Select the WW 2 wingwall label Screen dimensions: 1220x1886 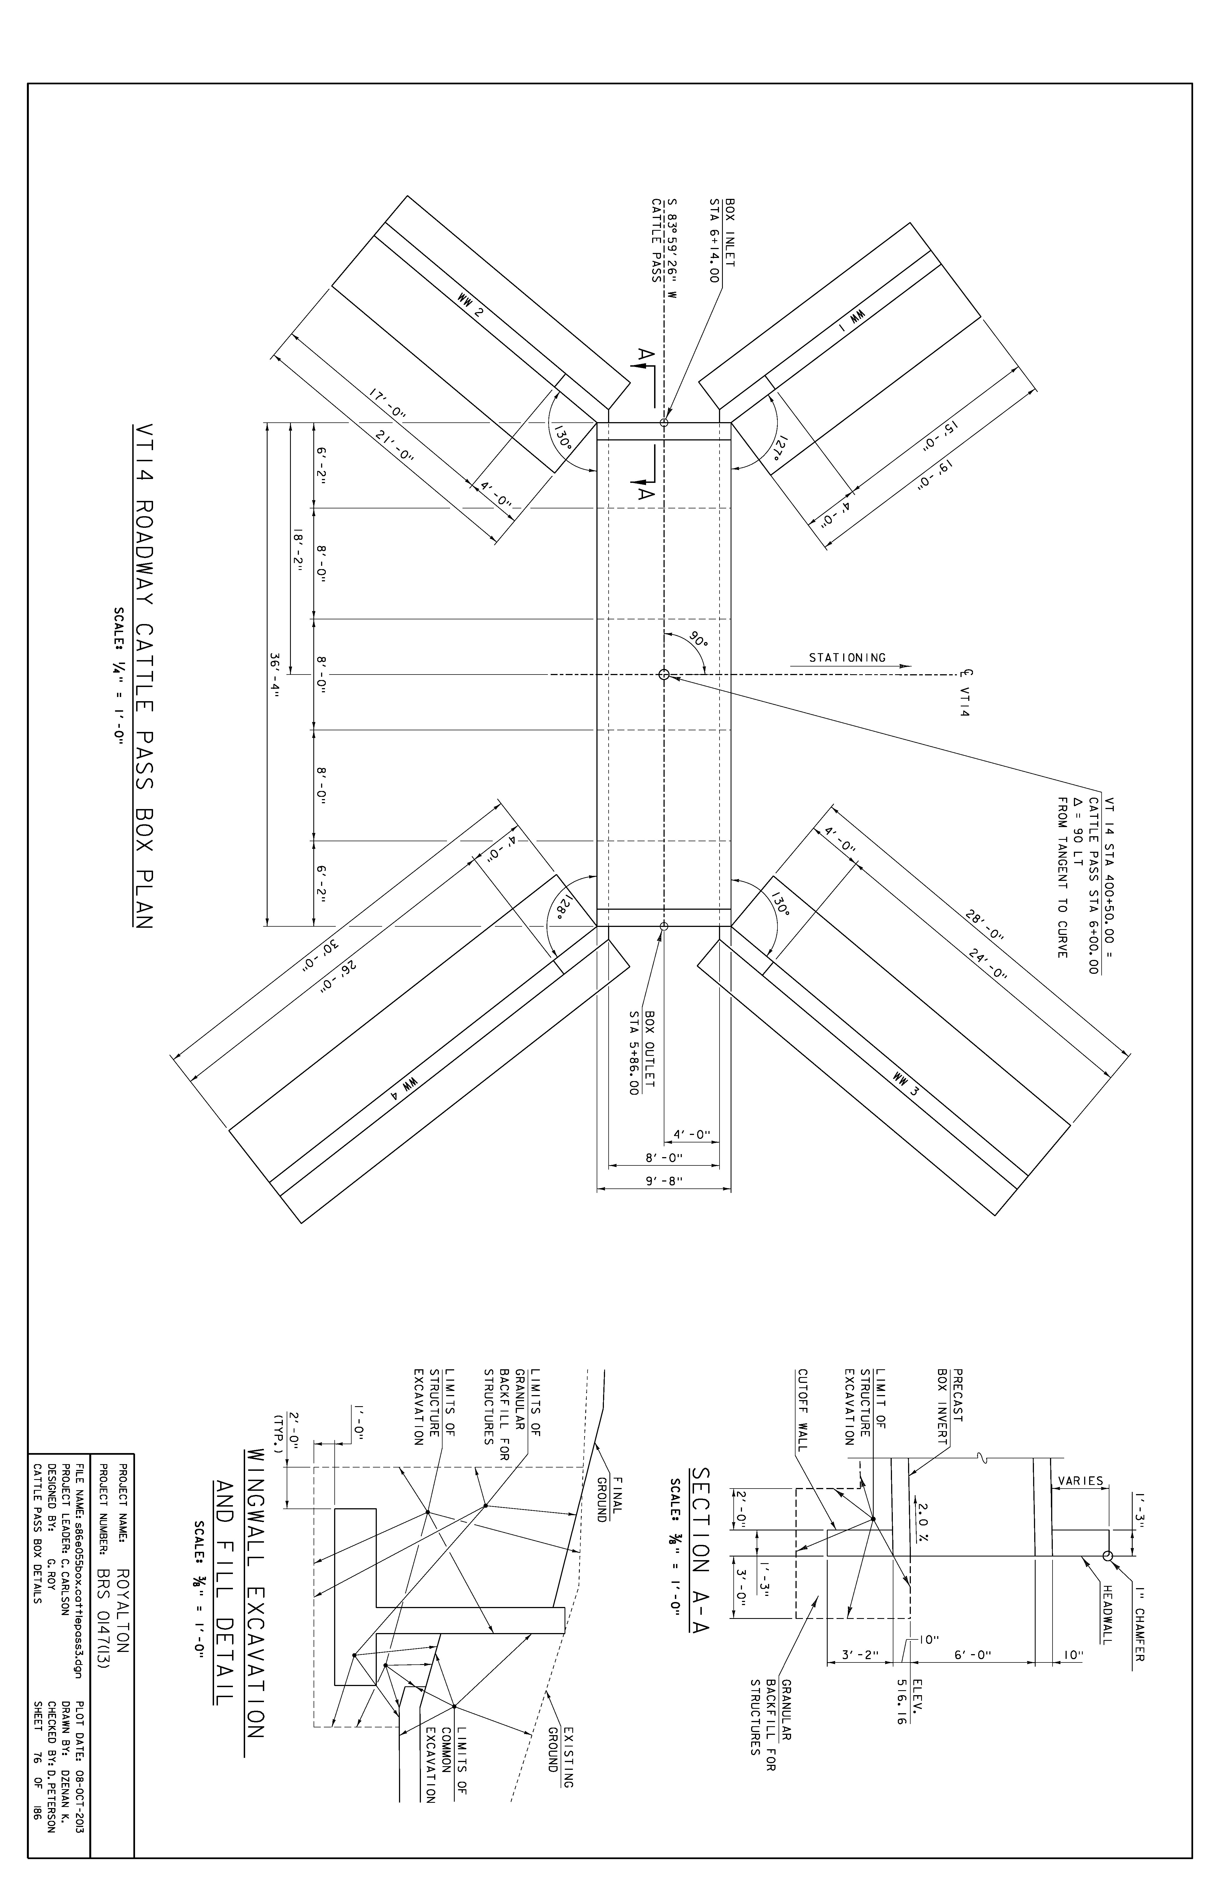point(471,306)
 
